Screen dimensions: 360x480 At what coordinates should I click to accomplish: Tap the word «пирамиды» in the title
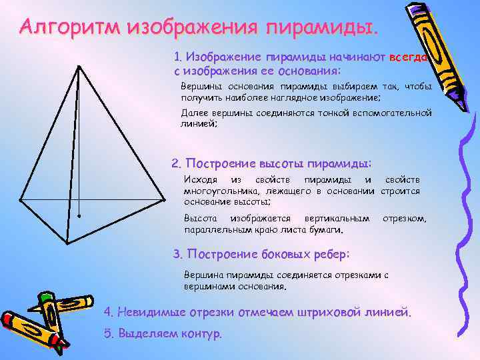pos(320,28)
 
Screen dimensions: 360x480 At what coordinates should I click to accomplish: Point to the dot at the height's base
pos(79,217)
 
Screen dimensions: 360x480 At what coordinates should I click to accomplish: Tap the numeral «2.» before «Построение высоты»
pos(176,164)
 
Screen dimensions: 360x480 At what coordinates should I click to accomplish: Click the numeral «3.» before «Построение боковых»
pos(177,254)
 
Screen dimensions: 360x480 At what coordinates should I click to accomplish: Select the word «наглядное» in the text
pos(297,97)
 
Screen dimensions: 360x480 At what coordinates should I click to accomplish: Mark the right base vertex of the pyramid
pos(163,197)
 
